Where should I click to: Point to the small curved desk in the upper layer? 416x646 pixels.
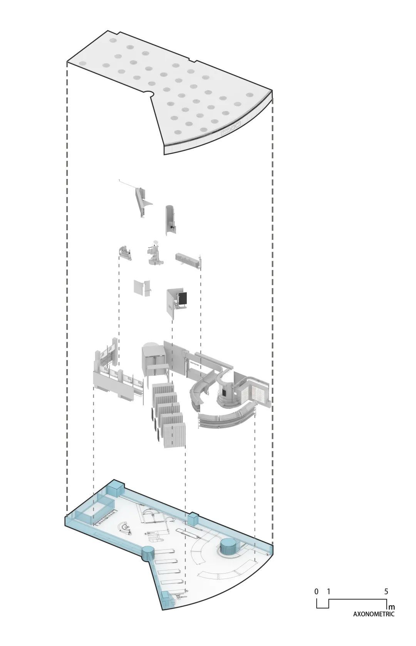(126, 252)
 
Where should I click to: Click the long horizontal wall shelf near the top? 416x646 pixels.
(187, 260)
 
